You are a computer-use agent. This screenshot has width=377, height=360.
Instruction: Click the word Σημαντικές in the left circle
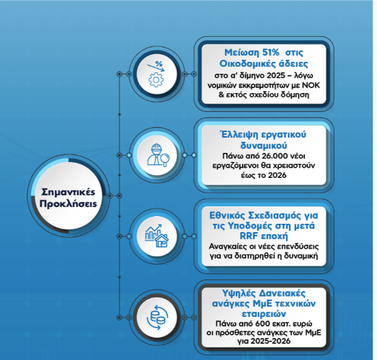(x=68, y=193)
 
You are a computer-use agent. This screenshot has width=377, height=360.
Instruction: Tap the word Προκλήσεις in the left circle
(x=68, y=204)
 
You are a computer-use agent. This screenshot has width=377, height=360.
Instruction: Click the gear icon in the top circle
(x=156, y=80)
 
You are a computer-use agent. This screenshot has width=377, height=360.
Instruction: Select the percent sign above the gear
(x=159, y=64)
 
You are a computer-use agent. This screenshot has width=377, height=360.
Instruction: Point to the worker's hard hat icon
(x=156, y=147)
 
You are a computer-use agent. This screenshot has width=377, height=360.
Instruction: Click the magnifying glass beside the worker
(x=165, y=160)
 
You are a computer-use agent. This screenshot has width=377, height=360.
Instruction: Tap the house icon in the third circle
(x=162, y=241)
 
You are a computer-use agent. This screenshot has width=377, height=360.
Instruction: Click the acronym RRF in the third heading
(x=249, y=236)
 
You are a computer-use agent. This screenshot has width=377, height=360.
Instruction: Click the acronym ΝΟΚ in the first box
(x=311, y=85)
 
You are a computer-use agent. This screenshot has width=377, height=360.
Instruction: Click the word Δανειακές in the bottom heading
(x=282, y=293)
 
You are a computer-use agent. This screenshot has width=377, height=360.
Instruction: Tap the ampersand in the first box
(x=221, y=95)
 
